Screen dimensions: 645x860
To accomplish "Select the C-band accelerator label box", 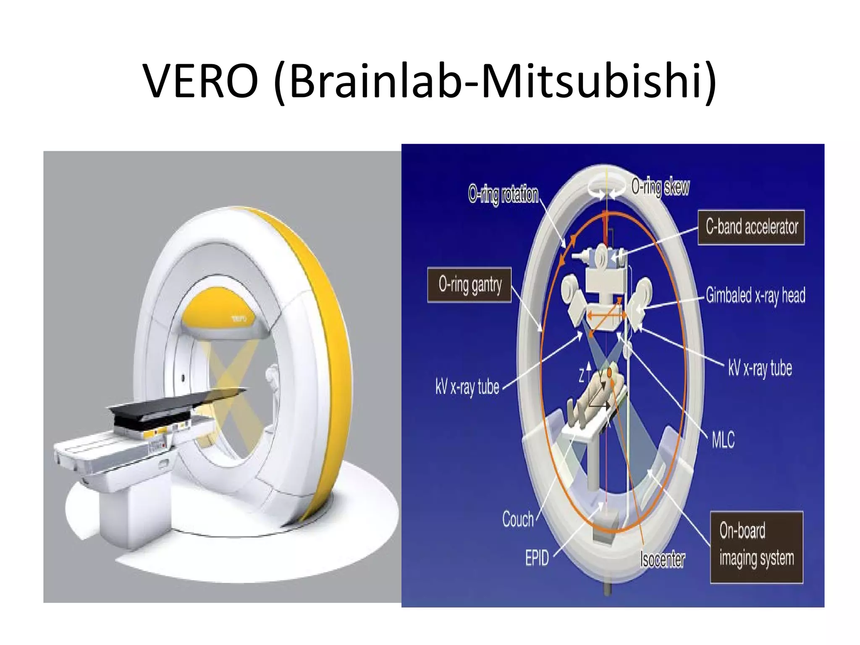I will point(751,227).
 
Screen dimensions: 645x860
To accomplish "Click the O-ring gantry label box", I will point(469,285).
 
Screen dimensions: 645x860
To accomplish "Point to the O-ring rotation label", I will point(503,194).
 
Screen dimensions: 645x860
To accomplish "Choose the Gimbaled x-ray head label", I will point(755,295).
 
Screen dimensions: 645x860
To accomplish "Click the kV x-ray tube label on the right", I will point(760,368).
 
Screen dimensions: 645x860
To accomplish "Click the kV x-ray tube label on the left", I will point(467,387).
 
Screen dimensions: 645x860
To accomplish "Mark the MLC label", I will point(723,440).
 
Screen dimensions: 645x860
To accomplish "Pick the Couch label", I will point(518,519).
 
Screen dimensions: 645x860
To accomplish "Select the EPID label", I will point(537,558).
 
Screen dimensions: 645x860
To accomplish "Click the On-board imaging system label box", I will point(756,547).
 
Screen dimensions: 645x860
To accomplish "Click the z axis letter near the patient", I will point(582,375).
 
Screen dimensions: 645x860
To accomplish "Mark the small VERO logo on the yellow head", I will point(240,319).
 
